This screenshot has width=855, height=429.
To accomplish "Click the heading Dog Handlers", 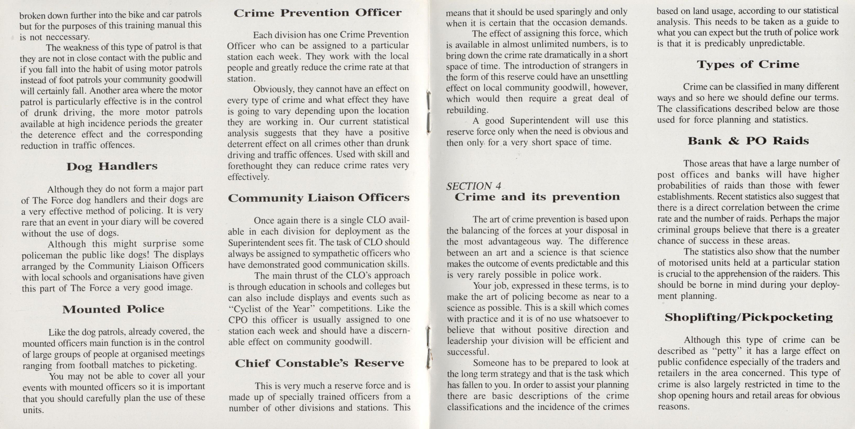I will (x=112, y=166).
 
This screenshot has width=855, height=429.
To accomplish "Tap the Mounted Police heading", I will (x=113, y=309).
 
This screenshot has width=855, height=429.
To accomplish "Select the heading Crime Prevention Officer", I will (x=317, y=13).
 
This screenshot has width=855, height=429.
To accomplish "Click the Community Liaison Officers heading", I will (x=319, y=198).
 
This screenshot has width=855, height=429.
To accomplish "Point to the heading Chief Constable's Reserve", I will (x=319, y=363).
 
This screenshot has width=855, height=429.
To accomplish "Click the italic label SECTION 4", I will (x=473, y=186).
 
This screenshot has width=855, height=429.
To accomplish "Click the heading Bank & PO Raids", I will (x=748, y=141).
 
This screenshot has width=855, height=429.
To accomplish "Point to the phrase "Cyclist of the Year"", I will (x=272, y=309).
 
